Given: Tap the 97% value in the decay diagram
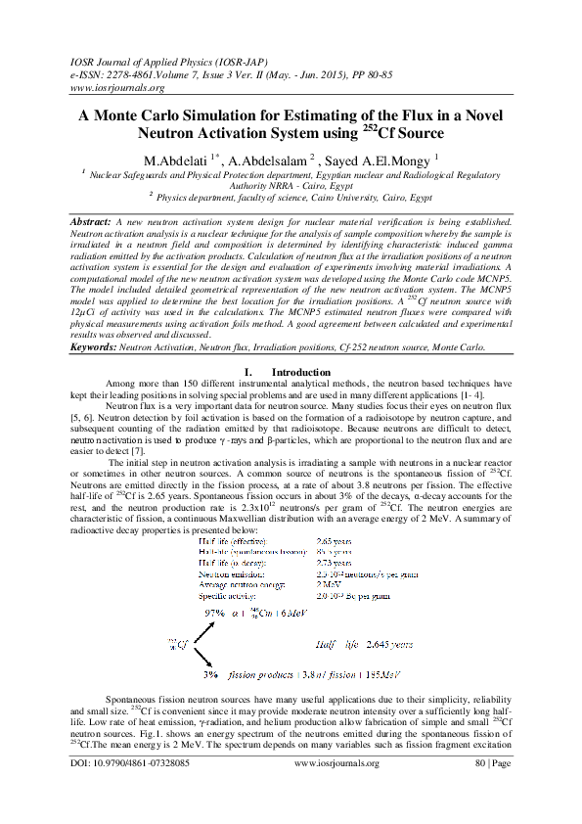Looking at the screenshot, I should [214, 612].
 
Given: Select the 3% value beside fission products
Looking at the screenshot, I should [210, 675].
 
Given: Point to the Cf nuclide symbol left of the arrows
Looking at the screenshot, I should [175, 644].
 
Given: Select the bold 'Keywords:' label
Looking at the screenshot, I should [95, 347].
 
